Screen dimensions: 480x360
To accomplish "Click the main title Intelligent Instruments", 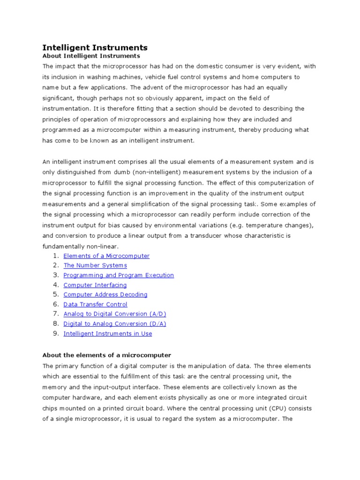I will (x=95, y=47).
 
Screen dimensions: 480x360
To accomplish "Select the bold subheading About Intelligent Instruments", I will (x=91, y=56).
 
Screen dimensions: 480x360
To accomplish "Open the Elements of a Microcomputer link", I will (x=106, y=256).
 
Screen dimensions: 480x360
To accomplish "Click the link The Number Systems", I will (x=95, y=265).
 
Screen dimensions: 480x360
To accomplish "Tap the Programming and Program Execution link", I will (x=119, y=275).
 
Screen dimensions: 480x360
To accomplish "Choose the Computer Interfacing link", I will (x=95, y=285).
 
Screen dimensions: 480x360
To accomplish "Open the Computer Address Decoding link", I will (x=105, y=295).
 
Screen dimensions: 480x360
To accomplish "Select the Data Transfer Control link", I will (x=95, y=305).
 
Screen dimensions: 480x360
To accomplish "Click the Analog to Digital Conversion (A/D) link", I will (x=115, y=314).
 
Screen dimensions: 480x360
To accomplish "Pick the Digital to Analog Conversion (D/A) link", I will (x=115, y=324).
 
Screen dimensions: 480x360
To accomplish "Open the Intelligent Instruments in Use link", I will (x=107, y=334).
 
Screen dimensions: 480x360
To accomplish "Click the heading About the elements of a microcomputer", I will (x=107, y=355).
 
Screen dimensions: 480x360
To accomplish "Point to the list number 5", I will (x=55, y=294).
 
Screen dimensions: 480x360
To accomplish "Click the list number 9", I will (x=55, y=333).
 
